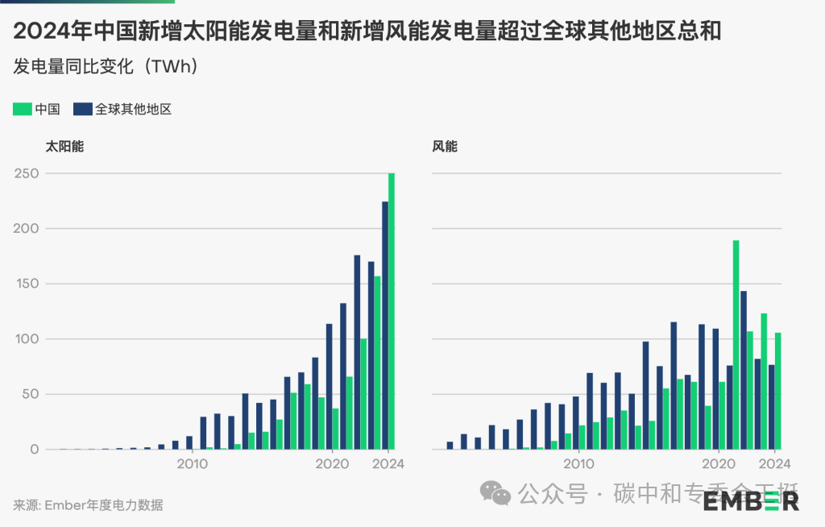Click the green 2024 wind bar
click(x=777, y=391)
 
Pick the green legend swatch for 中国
click(x=22, y=109)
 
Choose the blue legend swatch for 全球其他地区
click(x=81, y=109)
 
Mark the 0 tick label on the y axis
click(x=34, y=450)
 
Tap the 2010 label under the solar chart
click(x=192, y=464)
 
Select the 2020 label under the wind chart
click(x=715, y=464)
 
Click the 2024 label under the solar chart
click(x=389, y=464)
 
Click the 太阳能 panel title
click(x=64, y=147)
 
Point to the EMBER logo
click(x=751, y=501)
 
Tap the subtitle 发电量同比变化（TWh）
click(x=106, y=66)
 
